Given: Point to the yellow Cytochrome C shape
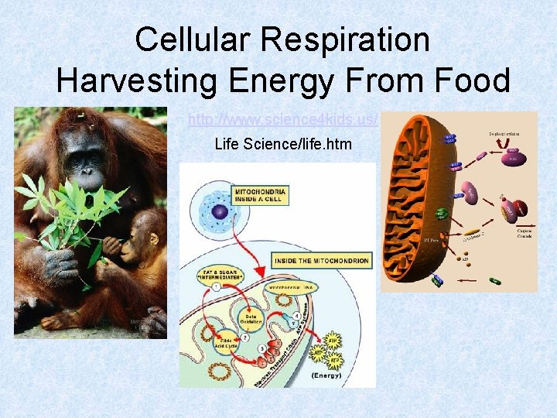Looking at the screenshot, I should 471,230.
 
